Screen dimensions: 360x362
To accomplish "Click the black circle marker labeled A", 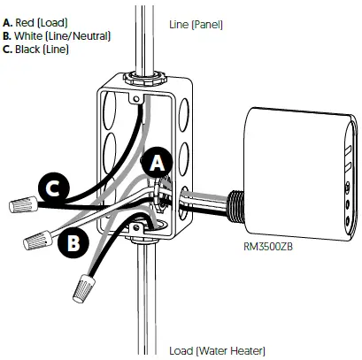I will click(157, 164).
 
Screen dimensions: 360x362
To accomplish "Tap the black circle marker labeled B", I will click(73, 240).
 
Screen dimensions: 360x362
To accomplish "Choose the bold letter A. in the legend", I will click(8, 21).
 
